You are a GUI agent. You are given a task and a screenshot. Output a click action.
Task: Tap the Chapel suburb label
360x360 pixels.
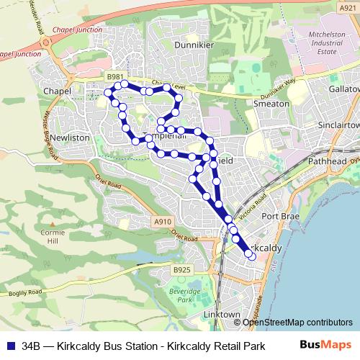tap(56, 91)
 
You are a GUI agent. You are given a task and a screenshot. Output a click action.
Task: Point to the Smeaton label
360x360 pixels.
tap(271, 103)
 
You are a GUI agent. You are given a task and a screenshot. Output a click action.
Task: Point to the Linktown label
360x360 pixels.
tap(221, 315)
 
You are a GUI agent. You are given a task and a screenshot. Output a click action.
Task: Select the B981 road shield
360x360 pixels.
tap(114, 76)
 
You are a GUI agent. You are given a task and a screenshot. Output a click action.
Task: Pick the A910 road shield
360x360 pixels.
tap(163, 224)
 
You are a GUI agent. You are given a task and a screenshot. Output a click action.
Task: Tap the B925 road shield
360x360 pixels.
tap(182, 269)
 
